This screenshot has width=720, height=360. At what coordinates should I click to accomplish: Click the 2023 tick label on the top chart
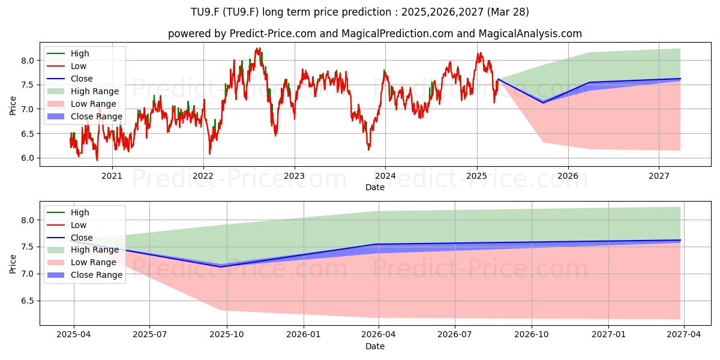294,176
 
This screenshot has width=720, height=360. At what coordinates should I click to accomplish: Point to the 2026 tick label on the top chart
568,176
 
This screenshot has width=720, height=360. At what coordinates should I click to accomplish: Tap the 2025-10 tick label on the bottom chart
227,335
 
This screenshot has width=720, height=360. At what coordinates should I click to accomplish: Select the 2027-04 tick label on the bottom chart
683,335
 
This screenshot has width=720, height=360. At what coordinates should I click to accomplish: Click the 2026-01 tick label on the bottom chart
304,335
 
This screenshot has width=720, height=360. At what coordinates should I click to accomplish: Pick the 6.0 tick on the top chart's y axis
28,158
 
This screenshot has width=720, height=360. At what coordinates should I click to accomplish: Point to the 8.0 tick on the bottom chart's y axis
28,220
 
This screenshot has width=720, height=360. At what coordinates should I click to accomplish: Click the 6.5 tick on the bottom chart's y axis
28,301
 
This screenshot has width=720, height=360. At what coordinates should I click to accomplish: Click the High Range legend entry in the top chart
83,91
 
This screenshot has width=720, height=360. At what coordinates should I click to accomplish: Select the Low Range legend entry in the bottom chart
82,262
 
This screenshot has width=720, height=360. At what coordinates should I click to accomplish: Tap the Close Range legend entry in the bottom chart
85,275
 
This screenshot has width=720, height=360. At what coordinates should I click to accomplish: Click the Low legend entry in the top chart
67,66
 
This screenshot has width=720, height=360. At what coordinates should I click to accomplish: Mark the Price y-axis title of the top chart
13,106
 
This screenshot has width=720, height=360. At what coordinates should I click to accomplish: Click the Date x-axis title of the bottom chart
375,346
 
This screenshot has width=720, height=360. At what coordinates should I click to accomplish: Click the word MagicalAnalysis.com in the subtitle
530,34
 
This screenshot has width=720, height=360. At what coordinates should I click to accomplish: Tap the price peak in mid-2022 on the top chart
258,49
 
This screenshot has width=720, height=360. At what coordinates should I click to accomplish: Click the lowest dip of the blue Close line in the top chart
543,103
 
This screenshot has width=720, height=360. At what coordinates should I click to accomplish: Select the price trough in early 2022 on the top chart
209,154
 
